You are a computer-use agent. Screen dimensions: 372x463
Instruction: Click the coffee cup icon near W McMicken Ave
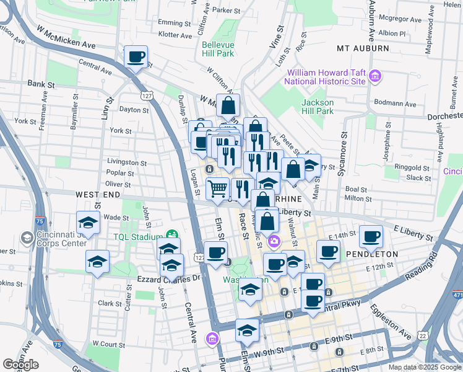click(x=136, y=58)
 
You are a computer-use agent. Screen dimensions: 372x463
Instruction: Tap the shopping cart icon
click(x=217, y=188)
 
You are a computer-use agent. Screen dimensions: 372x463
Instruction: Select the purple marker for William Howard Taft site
click(x=374, y=77)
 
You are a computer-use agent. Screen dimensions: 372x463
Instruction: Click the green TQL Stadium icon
click(x=171, y=236)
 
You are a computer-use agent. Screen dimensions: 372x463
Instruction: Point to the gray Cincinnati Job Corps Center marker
click(x=27, y=237)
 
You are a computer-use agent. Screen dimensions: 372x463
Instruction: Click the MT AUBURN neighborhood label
click(x=363, y=48)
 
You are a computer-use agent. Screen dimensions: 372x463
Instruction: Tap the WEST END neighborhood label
click(x=97, y=194)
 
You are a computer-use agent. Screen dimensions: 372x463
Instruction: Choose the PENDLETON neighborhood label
click(x=371, y=254)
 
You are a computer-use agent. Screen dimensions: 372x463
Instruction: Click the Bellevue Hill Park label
click(x=217, y=49)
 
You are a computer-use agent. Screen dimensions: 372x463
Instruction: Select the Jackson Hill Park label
click(x=318, y=107)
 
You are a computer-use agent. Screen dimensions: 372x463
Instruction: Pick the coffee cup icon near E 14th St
click(x=371, y=236)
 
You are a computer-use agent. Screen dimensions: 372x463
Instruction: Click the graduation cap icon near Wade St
click(x=89, y=222)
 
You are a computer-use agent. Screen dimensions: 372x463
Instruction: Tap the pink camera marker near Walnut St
click(x=274, y=241)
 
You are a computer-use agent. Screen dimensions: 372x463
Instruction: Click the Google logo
click(x=20, y=365)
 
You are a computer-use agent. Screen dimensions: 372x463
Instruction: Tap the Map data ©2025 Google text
click(x=424, y=367)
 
